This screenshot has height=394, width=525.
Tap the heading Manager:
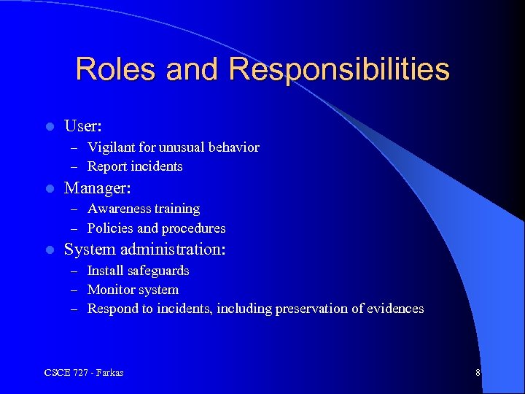(98, 188)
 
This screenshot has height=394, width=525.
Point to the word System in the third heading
(89, 250)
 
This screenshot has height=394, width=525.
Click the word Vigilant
(110, 147)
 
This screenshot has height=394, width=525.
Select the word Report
(106, 166)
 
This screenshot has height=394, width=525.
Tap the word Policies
(108, 228)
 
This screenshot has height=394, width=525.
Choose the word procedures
(193, 228)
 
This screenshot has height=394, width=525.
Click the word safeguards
(158, 271)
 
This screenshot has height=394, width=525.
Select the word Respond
(111, 309)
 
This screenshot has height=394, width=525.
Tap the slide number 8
(478, 373)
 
